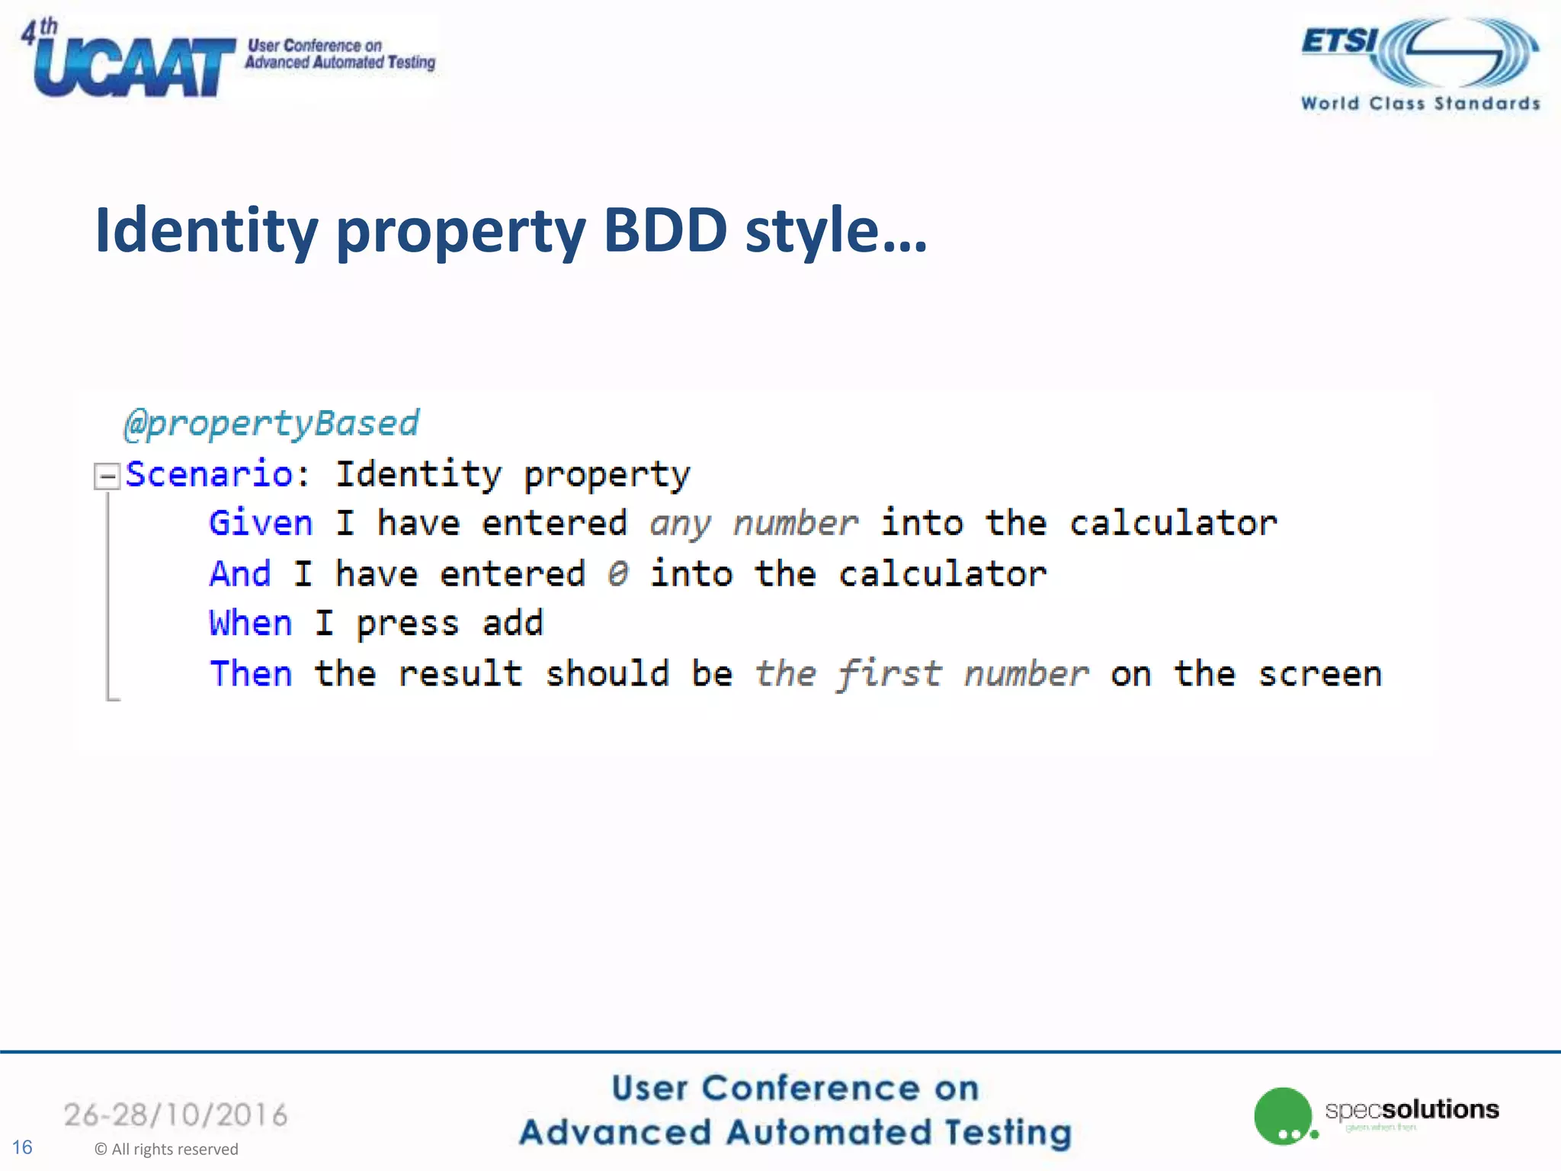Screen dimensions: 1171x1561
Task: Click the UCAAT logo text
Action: pos(133,67)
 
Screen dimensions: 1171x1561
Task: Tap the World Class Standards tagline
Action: pos(1420,104)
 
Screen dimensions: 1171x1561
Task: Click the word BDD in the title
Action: pos(665,230)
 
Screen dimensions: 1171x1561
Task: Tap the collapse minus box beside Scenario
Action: pos(107,476)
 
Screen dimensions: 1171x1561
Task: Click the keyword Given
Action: pos(261,524)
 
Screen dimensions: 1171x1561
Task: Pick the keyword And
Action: pos(240,574)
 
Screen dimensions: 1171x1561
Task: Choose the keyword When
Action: pos(251,624)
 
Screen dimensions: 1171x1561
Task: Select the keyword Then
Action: pos(251,674)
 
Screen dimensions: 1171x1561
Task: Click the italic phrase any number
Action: pos(754,524)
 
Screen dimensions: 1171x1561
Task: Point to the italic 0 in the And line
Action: pos(617,574)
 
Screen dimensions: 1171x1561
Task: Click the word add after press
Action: pos(512,624)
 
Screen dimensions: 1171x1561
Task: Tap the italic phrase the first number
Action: pos(922,674)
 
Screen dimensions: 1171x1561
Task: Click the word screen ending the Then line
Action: pos(1319,674)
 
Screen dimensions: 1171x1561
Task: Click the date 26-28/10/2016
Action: pos(175,1115)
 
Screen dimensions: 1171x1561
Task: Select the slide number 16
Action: pos(22,1147)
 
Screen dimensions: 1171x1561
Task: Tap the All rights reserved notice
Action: pos(166,1149)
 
